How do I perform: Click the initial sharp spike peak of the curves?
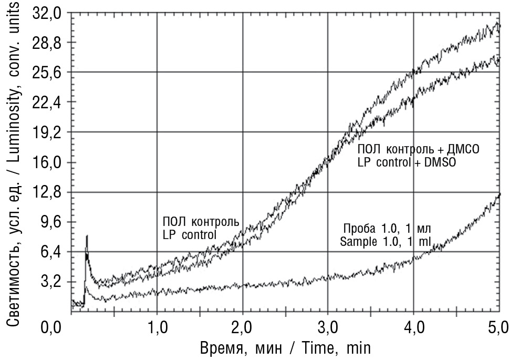click(x=87, y=236)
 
